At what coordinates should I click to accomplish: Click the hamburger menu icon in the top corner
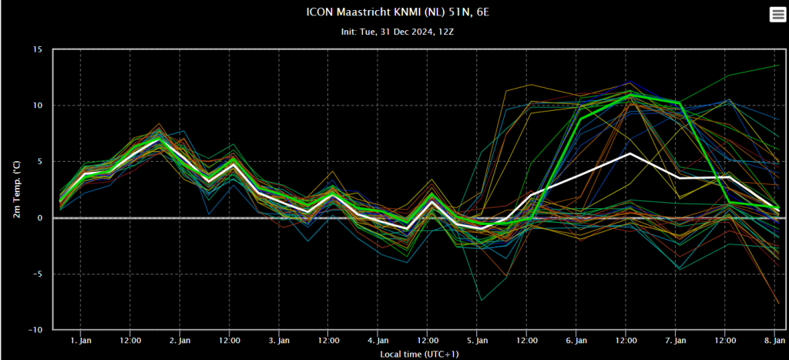tap(777, 15)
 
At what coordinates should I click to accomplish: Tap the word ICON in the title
tap(317, 12)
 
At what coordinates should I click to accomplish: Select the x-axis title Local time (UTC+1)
tap(419, 355)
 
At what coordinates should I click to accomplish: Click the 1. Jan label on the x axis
tap(80, 341)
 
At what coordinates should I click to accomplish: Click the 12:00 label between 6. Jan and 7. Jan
tap(626, 341)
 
